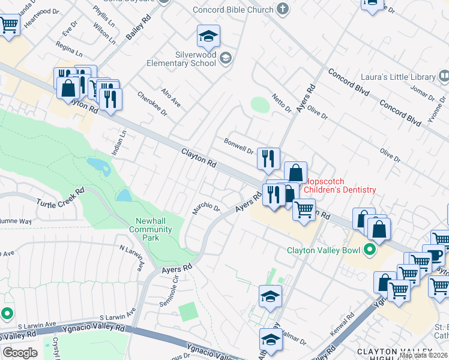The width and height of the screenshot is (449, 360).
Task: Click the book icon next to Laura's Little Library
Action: (444, 76)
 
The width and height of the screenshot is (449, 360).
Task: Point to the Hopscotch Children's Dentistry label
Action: (341, 185)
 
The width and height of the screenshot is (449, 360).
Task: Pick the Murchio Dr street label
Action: (206, 208)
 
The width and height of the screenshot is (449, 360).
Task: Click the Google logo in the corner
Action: (20, 353)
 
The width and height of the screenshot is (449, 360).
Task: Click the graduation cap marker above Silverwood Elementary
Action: (208, 37)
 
